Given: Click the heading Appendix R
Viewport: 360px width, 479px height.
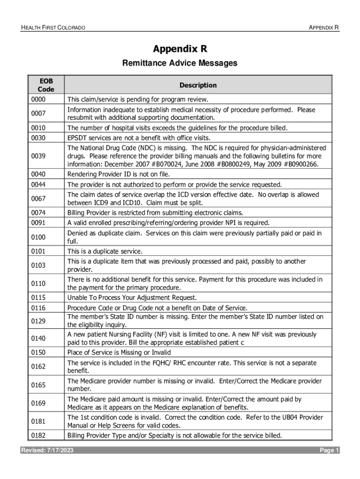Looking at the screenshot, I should pyautogui.click(x=180, y=49).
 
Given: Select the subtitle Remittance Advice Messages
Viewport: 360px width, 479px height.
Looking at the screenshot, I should pyautogui.click(x=180, y=63).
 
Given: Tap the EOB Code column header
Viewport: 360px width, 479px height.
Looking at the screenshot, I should pyautogui.click(x=46, y=85).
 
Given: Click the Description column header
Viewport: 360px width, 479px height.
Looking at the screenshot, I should pyautogui.click(x=198, y=85).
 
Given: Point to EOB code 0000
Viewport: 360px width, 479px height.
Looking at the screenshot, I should pyautogui.click(x=38, y=100).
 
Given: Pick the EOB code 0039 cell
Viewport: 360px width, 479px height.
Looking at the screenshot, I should pyautogui.click(x=38, y=155).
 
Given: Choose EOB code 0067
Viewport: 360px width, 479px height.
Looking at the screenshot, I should pyautogui.click(x=38, y=199).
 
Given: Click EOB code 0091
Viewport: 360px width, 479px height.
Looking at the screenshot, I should pyautogui.click(x=38, y=223).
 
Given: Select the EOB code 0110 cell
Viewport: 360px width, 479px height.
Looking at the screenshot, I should pyautogui.click(x=38, y=283).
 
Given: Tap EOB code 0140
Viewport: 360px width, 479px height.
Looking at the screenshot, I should pyautogui.click(x=38, y=338).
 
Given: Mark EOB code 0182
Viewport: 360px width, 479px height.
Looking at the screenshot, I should pyautogui.click(x=38, y=435).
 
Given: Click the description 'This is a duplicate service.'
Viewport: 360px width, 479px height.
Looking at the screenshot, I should pyautogui.click(x=105, y=251).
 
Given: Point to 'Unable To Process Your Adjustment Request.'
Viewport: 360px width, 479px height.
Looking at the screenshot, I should pyautogui.click(x=132, y=298).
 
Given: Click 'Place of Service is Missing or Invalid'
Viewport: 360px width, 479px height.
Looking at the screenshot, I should pyautogui.click(x=119, y=352).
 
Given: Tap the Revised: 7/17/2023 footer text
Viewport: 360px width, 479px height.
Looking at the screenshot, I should pyautogui.click(x=47, y=450).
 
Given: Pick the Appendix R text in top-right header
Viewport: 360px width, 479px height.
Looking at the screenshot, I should pyautogui.click(x=324, y=28).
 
